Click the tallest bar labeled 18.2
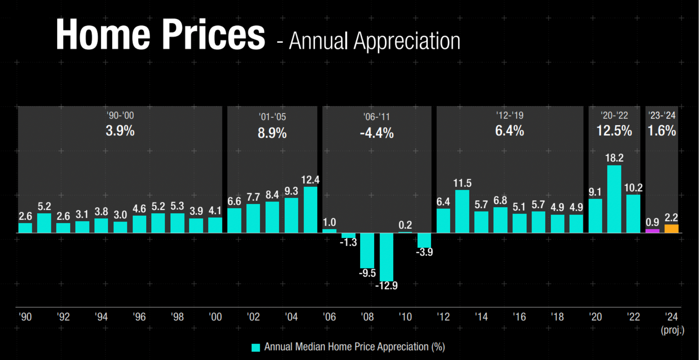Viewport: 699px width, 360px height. (614, 199)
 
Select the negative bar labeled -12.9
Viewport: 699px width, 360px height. (386, 257)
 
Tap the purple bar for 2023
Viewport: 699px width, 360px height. (652, 231)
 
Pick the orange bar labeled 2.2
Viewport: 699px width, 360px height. (671, 229)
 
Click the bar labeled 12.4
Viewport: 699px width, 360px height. (310, 210)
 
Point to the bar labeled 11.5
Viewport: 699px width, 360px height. (462, 211)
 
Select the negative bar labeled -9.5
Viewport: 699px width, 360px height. (367, 250)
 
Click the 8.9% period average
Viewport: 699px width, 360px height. (272, 133)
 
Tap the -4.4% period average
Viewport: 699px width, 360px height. (376, 133)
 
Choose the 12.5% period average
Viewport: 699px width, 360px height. (614, 131)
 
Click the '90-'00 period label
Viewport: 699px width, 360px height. (120, 115)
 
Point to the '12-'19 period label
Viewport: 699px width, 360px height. (509, 115)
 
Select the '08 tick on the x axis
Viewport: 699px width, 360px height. (367, 317)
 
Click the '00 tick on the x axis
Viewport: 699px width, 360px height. (215, 317)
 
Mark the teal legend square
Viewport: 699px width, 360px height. (256, 348)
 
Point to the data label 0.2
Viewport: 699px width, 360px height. (405, 225)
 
